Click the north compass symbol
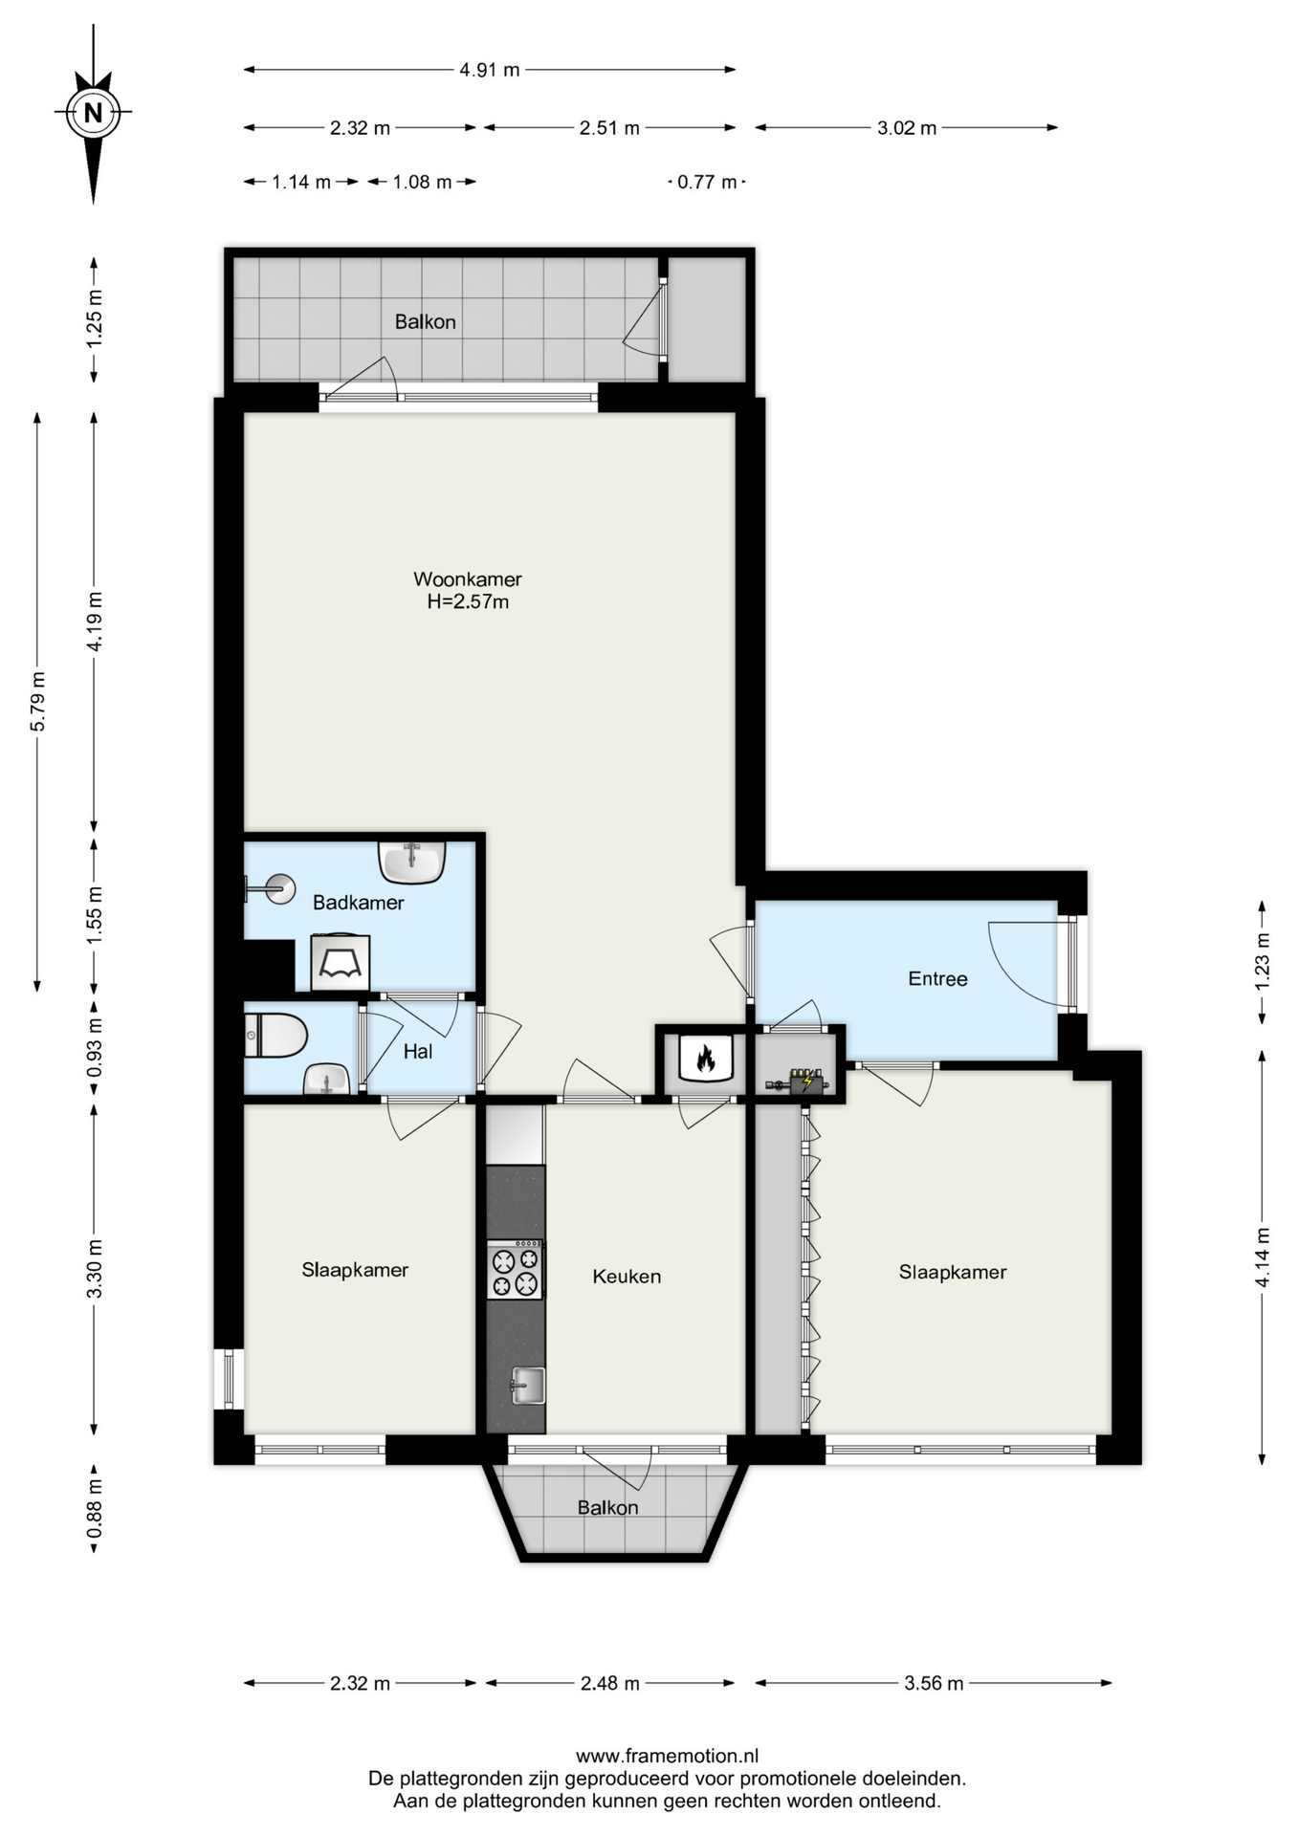click(x=93, y=112)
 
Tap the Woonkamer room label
click(x=468, y=579)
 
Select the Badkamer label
click(x=359, y=903)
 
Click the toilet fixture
click(x=276, y=1036)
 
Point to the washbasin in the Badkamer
click(x=412, y=861)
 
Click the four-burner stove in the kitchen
click(x=515, y=1270)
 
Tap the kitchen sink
click(x=527, y=1386)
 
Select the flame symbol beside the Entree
click(x=706, y=1058)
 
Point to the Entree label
click(x=937, y=979)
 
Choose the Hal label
click(x=418, y=1052)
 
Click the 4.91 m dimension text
click(x=490, y=70)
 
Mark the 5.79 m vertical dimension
click(x=37, y=702)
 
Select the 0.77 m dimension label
click(x=707, y=182)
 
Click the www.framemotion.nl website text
click(x=667, y=1756)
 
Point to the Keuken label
click(x=627, y=1277)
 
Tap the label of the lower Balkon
click(x=607, y=1508)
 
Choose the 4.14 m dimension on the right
click(x=1263, y=1257)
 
